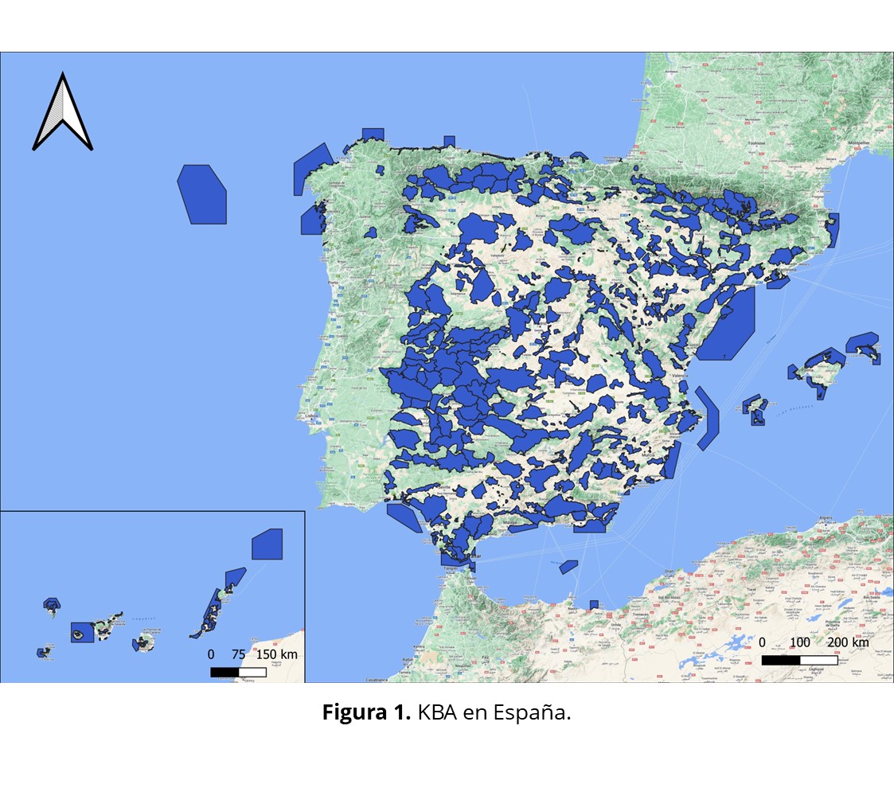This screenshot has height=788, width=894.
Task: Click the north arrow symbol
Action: (62, 112)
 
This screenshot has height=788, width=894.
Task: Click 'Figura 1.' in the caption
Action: (365, 712)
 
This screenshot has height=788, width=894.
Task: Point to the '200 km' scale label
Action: (849, 642)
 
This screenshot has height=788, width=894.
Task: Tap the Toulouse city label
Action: (755, 143)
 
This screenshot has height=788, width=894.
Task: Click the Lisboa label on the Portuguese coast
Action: (310, 415)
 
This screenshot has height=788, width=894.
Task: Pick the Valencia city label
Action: (679, 375)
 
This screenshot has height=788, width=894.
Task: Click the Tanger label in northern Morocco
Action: (453, 568)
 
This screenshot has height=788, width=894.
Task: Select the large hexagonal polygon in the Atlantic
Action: (202, 193)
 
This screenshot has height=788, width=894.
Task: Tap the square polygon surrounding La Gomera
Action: (82, 632)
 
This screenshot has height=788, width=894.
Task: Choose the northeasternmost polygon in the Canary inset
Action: (267, 544)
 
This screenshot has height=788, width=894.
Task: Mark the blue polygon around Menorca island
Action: (862, 345)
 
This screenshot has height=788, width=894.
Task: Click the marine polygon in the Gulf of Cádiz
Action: (404, 517)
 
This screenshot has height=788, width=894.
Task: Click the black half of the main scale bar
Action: (780, 660)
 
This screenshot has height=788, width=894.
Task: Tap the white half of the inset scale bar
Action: (252, 672)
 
